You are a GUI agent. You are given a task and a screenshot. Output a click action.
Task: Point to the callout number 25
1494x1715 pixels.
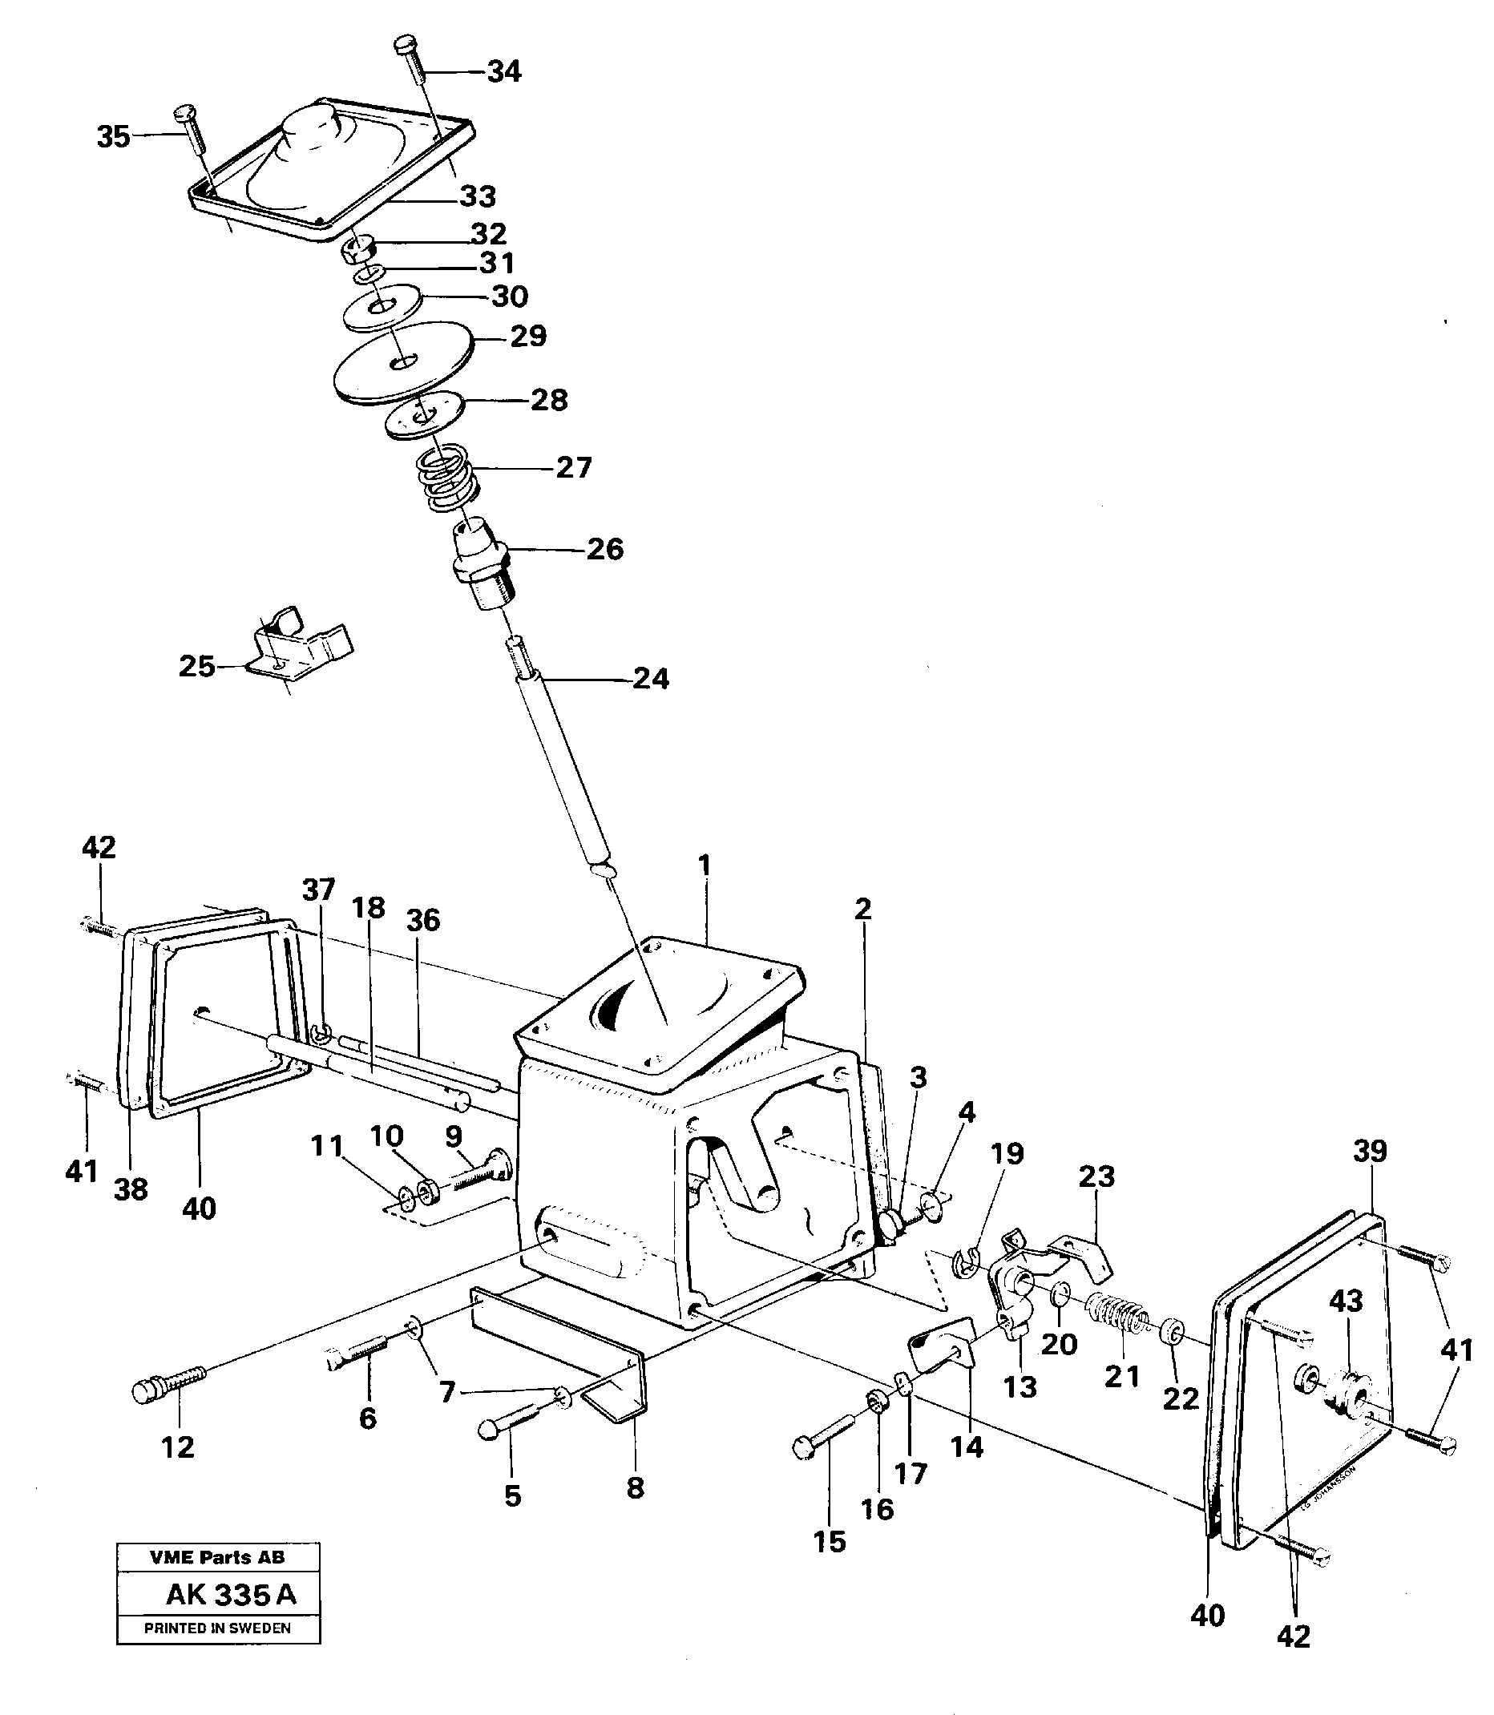point(196,666)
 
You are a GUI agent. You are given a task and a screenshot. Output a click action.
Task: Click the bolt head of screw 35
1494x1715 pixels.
point(184,111)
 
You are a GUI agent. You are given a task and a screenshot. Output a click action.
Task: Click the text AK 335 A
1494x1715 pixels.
point(231,1594)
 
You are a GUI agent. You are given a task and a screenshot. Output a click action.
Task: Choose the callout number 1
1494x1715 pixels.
point(705,866)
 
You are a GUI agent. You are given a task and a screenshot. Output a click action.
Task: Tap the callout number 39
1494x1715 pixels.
point(1370,1152)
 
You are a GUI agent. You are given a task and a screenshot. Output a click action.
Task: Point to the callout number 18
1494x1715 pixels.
point(369,907)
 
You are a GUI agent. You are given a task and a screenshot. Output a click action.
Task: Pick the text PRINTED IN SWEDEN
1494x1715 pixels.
point(217,1628)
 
